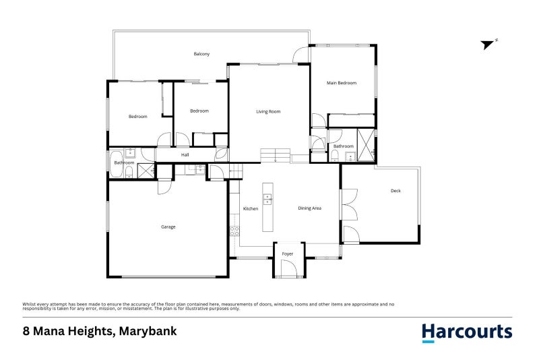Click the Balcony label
[201, 53]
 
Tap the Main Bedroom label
[342, 83]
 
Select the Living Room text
[268, 111]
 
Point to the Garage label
[168, 227]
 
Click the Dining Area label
[309, 208]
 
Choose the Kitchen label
[251, 209]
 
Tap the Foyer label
[288, 253]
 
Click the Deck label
[395, 191]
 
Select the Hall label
[185, 155]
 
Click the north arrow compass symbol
[489, 44]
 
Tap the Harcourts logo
[466, 332]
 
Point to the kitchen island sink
[267, 199]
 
